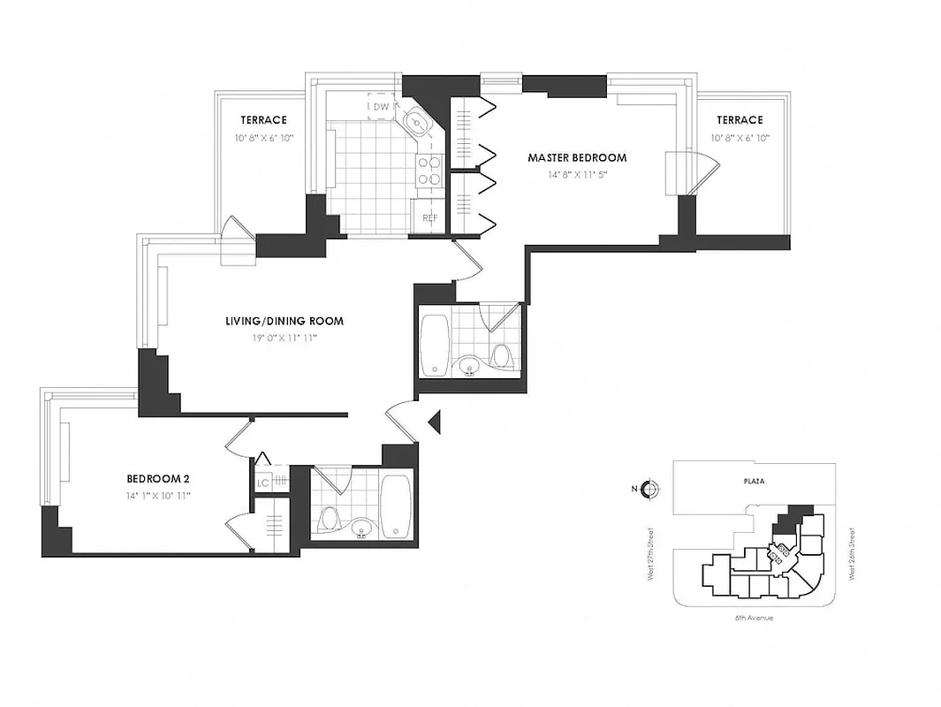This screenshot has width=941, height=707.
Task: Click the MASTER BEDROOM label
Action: click(577, 158)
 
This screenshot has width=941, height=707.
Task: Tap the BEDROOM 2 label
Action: click(158, 479)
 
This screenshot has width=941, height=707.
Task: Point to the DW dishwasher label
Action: click(381, 107)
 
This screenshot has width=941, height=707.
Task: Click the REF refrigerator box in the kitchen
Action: click(429, 217)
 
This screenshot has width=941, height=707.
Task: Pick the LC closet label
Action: click(262, 483)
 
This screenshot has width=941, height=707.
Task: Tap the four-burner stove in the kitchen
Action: click(429, 170)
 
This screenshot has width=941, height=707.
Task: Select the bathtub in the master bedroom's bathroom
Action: click(435, 345)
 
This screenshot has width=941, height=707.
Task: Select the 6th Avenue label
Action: click(754, 618)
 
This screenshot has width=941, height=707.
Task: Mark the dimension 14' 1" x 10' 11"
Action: click(158, 496)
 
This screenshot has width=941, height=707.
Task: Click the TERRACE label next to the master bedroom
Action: click(740, 120)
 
